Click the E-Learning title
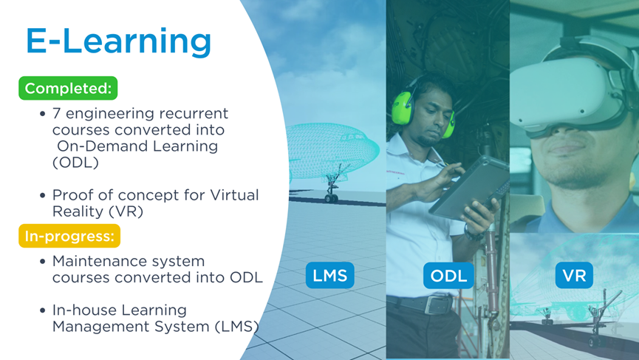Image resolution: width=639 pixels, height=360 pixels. point(119,42)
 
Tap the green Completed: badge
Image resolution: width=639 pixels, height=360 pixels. point(68,88)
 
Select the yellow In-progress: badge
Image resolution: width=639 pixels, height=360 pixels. point(69,236)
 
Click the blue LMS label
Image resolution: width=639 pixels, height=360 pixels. point(329,275)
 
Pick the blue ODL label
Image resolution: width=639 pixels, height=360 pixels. point(448,276)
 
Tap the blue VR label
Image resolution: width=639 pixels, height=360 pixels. point(574,275)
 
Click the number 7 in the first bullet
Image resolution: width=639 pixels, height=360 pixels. point(57,113)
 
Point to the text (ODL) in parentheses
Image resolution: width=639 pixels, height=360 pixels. point(75,163)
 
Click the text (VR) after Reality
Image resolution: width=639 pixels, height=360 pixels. point(126,211)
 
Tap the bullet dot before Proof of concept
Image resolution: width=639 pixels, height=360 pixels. point(43,196)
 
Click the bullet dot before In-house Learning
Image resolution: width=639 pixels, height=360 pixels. point(43,310)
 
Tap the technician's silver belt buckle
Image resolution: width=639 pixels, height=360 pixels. point(438,305)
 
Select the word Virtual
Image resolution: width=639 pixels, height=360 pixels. point(234,195)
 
